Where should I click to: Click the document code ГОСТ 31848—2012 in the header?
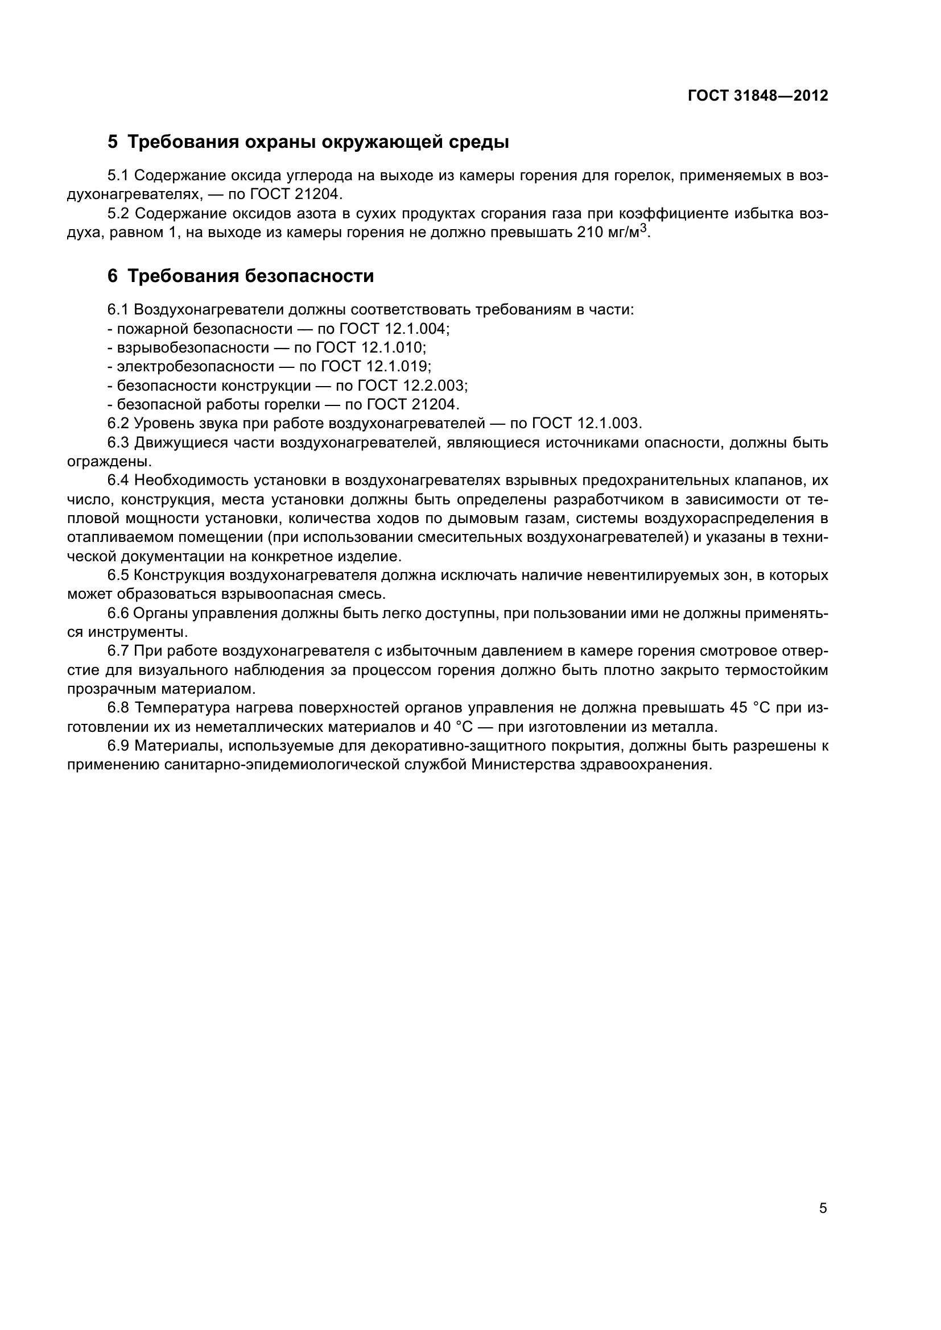[758, 96]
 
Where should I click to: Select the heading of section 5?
[308, 142]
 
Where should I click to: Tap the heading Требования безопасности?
[250, 276]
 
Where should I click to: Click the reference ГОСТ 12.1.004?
[393, 329]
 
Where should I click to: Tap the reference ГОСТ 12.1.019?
[375, 367]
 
